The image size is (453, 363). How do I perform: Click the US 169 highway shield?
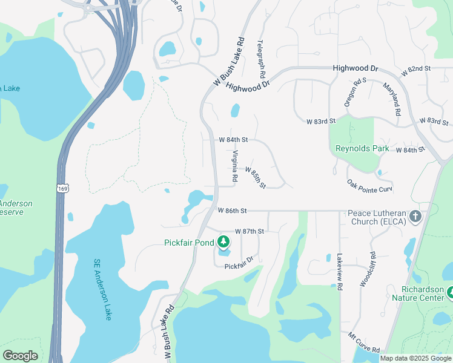pyautogui.click(x=62, y=189)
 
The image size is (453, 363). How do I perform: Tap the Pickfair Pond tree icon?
pyautogui.click(x=223, y=243)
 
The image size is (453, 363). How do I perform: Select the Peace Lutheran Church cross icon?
pyautogui.click(x=415, y=217)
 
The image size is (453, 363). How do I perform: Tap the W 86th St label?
pyautogui.click(x=233, y=211)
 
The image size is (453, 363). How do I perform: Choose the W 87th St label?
pyautogui.click(x=250, y=231)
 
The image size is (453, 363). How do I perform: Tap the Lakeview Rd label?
pyautogui.click(x=340, y=272)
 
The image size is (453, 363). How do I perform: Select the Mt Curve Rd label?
pyautogui.click(x=364, y=350)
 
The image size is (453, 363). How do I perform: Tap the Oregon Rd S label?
pyautogui.click(x=355, y=93)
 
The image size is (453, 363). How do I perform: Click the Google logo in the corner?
pyautogui.click(x=20, y=356)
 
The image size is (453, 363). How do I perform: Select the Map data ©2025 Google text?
pyautogui.click(x=415, y=358)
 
